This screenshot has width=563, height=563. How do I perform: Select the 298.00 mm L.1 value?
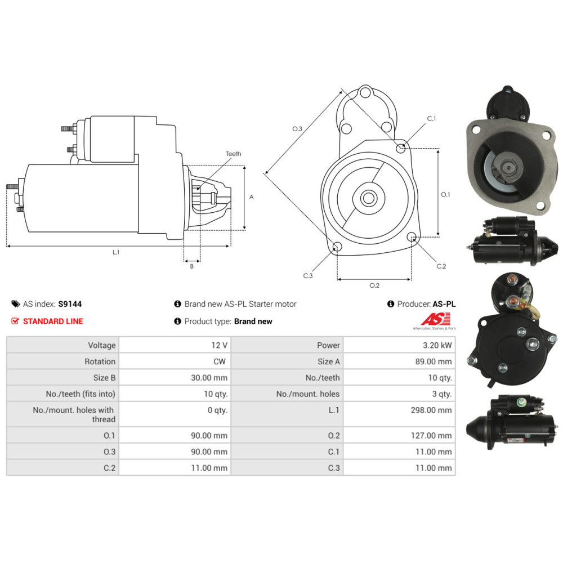[431, 410]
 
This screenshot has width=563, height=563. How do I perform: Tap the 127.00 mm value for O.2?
[431, 435]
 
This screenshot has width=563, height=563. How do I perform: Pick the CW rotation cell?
[220, 361]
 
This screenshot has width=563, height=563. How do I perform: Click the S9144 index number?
[70, 304]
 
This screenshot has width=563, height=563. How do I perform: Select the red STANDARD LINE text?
[52, 321]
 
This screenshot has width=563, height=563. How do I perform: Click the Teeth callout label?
[233, 154]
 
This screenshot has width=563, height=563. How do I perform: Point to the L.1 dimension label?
[116, 253]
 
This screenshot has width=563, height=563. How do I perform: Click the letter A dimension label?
[252, 197]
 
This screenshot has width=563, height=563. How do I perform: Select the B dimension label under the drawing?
[191, 266]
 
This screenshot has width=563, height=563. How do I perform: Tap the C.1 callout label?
[432, 119]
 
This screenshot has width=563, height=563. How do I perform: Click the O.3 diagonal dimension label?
[297, 129]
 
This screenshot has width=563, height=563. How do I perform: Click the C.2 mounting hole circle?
[412, 237]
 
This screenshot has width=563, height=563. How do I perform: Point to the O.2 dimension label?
[374, 285]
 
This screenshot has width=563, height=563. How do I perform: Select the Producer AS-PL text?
[426, 304]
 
